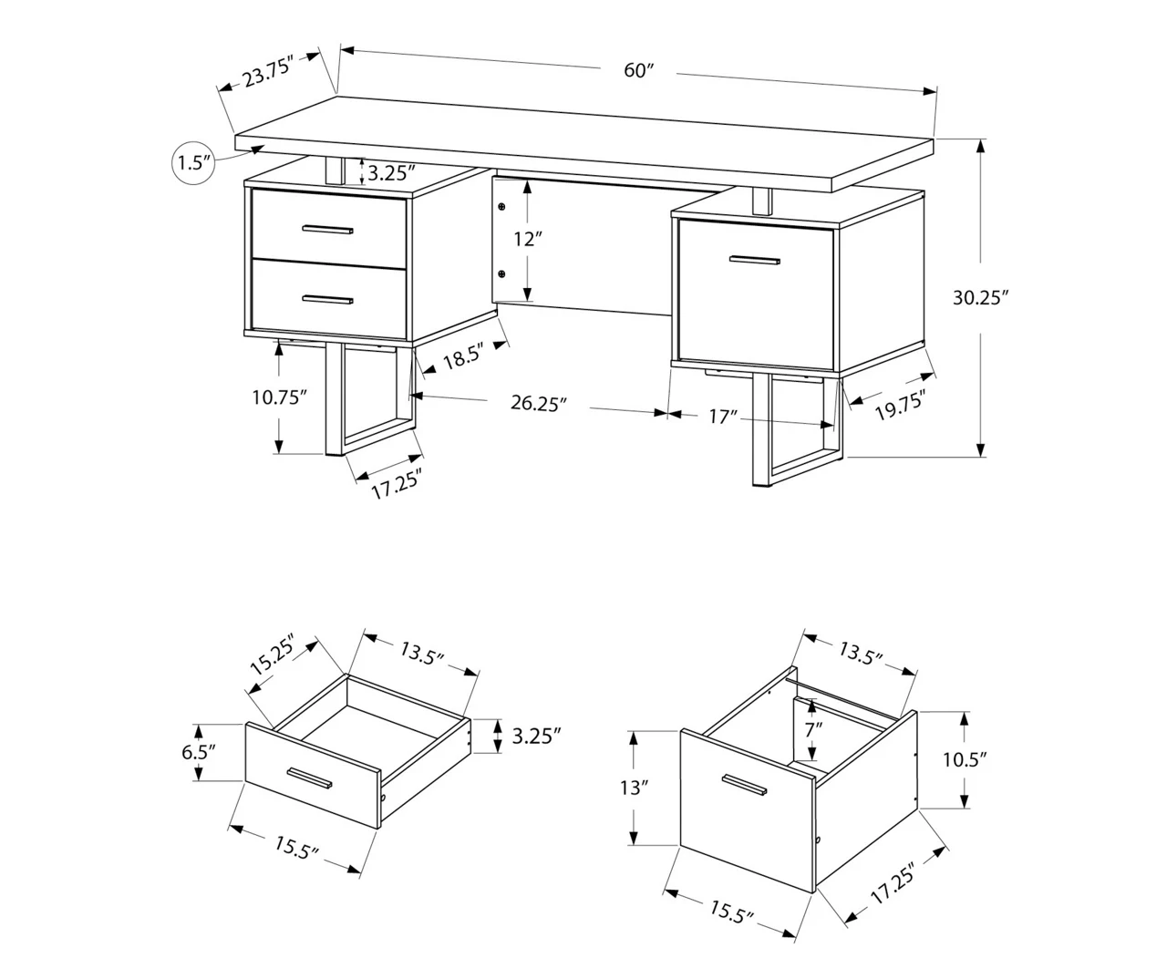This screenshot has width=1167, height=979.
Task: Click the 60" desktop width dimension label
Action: [639, 70]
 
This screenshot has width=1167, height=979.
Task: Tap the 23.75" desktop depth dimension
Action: [266, 72]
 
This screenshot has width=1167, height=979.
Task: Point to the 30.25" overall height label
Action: [980, 297]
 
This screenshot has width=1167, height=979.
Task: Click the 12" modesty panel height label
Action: [527, 240]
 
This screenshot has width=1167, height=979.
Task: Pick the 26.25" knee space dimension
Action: [539, 403]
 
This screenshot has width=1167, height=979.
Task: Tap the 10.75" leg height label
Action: [278, 397]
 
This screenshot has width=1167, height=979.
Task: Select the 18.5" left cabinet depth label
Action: [462, 357]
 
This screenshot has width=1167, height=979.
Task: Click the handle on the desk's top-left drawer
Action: [328, 230]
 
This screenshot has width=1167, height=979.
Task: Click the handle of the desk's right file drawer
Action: [754, 261]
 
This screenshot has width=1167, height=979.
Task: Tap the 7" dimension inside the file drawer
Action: [813, 728]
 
